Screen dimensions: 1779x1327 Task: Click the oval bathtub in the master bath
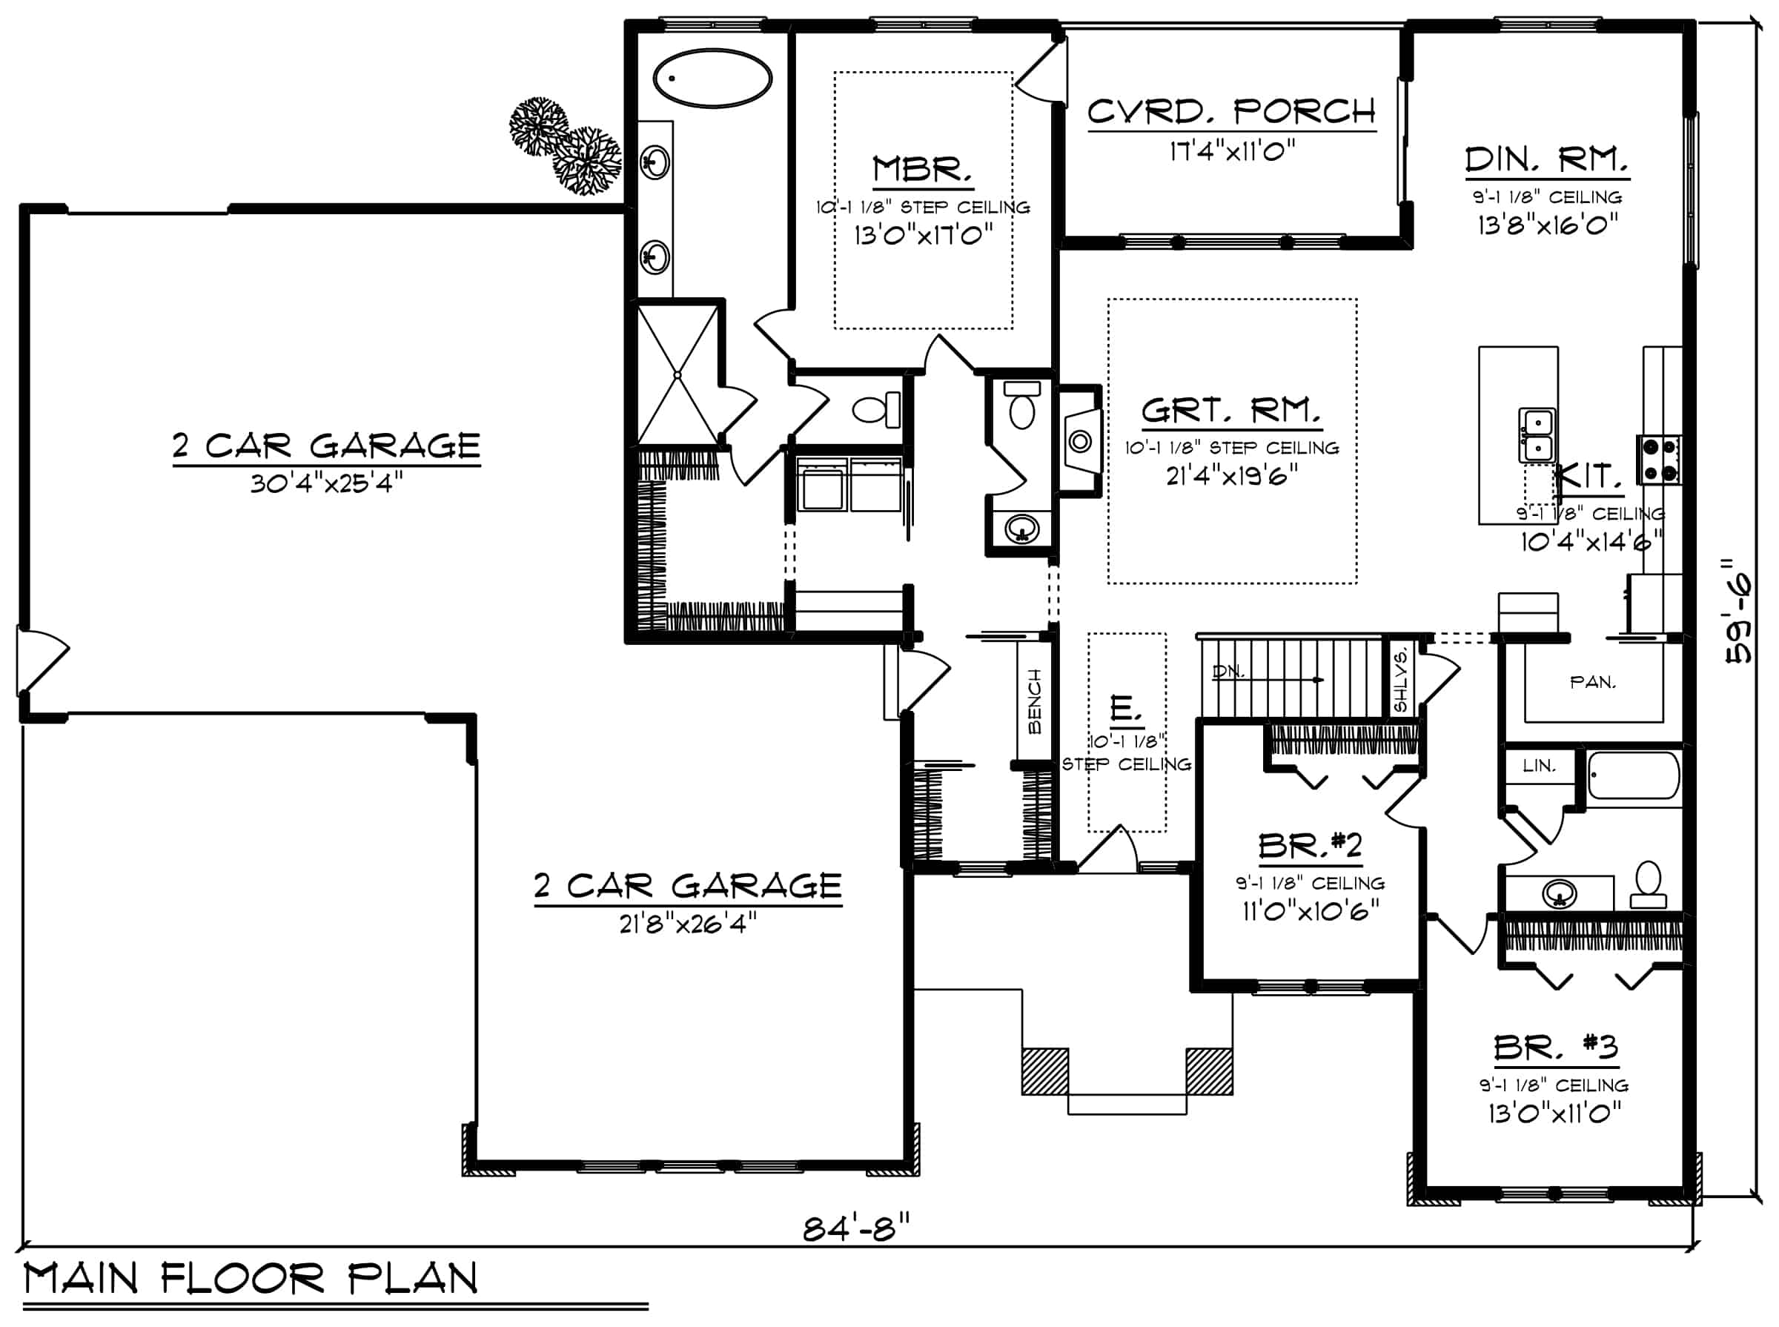coord(712,79)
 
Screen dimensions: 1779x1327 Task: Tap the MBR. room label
coord(923,170)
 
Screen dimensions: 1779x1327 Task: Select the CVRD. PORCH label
coord(1231,112)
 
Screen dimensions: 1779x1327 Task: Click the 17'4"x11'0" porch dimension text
coord(1231,151)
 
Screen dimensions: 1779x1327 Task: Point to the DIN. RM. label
coord(1546,161)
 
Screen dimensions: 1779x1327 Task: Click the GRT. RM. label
coord(1230,411)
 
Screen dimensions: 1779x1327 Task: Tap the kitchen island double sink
coord(1536,434)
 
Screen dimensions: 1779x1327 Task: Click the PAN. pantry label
coord(1593,683)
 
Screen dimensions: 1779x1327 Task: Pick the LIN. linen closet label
coord(1539,766)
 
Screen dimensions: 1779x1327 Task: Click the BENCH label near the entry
coord(1035,701)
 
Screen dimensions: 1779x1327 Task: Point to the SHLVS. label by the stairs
coord(1401,681)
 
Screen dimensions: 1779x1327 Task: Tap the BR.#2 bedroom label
coord(1310,846)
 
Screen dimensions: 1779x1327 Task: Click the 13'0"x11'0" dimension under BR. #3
coord(1554,1113)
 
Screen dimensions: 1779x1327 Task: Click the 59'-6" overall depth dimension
coord(1740,612)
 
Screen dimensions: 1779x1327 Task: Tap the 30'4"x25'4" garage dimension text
coord(326,483)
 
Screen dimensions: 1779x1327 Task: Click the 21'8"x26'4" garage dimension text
coord(687,924)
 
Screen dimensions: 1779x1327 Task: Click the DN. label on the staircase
coord(1228,671)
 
